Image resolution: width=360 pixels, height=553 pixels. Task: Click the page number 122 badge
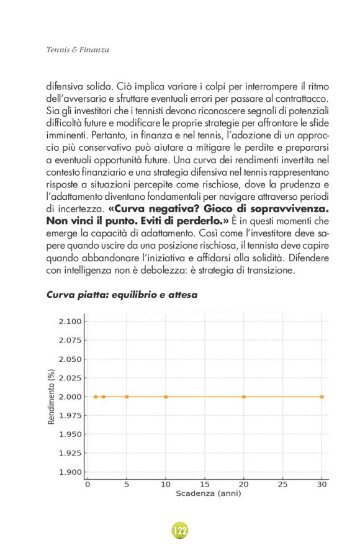pos(179,531)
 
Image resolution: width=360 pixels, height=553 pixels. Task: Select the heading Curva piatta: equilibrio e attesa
pos(122,295)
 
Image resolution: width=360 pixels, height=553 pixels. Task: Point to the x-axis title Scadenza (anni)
pos(208,494)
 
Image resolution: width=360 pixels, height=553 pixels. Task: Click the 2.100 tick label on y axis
pos(70,321)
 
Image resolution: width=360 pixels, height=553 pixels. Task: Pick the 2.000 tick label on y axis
pos(70,397)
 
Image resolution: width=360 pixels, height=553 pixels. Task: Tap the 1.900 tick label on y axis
pos(70,472)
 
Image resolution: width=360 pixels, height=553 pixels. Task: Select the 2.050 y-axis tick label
pos(70,359)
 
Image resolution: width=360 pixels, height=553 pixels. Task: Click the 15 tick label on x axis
pos(204,484)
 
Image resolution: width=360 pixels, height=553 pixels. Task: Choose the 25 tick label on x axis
pos(282,484)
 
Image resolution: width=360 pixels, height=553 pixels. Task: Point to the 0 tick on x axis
pos(88,484)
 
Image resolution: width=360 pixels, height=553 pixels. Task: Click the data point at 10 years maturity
pos(166,397)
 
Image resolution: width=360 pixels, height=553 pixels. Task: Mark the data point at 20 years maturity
pos(244,397)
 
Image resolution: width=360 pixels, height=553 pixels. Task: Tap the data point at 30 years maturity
pos(322,397)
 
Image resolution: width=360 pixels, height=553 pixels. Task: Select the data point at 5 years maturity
pos(127,397)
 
